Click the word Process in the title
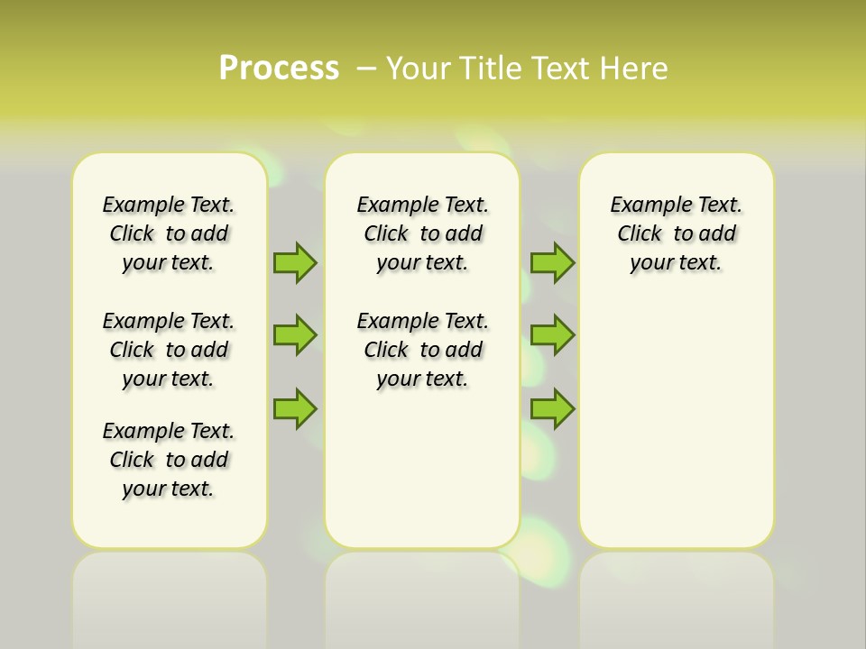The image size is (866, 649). [x=279, y=69]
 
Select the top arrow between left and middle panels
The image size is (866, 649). [x=295, y=262]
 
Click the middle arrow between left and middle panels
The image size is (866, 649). [x=295, y=335]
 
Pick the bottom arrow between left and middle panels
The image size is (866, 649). [x=295, y=408]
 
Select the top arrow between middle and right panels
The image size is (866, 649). [x=552, y=262]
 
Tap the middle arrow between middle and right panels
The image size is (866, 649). [x=552, y=335]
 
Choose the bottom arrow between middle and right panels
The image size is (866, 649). [x=552, y=408]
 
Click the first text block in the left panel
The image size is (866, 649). [x=169, y=233]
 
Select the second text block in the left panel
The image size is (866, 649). [x=169, y=350]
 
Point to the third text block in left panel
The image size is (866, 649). [x=169, y=460]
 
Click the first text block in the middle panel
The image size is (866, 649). [x=422, y=233]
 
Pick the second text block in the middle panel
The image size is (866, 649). [x=422, y=350]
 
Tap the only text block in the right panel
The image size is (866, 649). [x=676, y=233]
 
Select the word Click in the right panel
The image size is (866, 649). [x=640, y=234]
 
